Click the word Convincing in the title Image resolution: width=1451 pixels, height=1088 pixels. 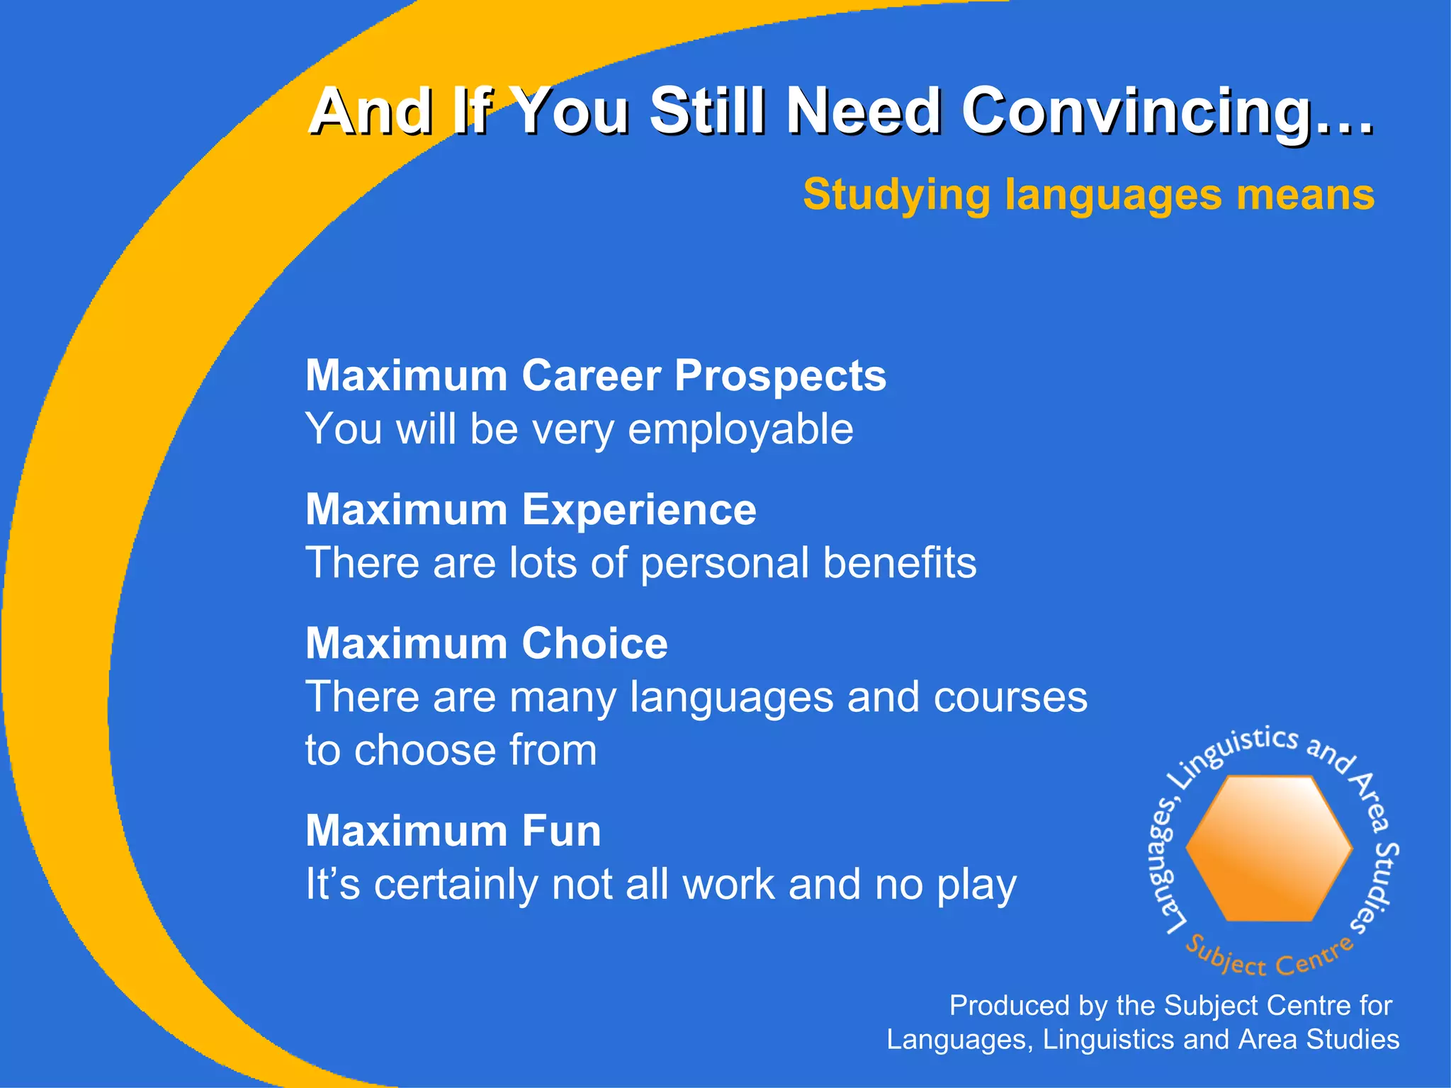[x=1165, y=112]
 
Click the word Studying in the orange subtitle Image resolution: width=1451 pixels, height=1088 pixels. [x=896, y=195]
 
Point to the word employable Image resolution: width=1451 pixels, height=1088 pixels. [x=740, y=429]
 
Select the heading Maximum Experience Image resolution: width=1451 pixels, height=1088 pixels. [x=531, y=509]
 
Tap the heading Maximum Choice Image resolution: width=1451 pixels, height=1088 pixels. [x=486, y=643]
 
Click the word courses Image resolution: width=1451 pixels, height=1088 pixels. [x=1010, y=697]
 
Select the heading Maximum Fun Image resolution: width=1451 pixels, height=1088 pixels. [x=453, y=831]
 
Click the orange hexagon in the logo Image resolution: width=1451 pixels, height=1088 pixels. [x=1269, y=848]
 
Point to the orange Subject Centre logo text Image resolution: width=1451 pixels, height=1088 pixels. [x=1268, y=959]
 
